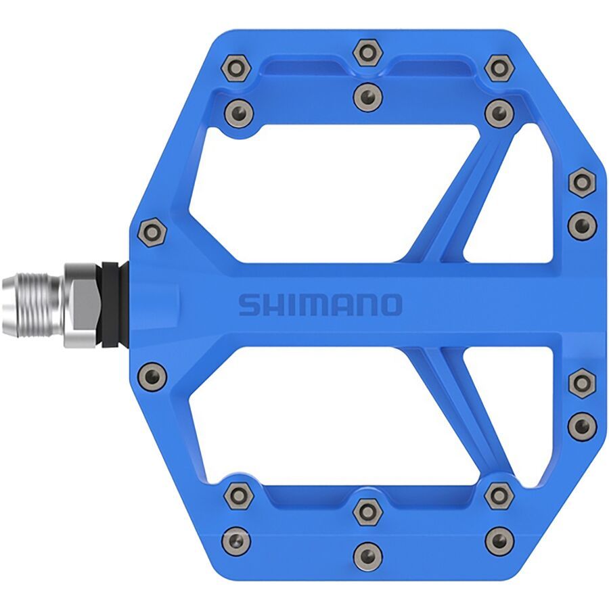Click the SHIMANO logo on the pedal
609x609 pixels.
click(320, 304)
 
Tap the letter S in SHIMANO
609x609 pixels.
click(249, 305)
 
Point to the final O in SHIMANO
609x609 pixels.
click(390, 305)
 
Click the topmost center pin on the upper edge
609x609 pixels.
click(367, 52)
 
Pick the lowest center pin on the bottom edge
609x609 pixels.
click(367, 555)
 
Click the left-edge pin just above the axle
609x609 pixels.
click(152, 233)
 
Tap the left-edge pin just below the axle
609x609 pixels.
click(152, 373)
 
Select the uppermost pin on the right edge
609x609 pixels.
click(581, 182)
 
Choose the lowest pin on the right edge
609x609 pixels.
click(581, 426)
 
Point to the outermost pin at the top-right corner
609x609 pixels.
click(499, 67)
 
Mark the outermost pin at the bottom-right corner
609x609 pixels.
click(499, 540)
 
